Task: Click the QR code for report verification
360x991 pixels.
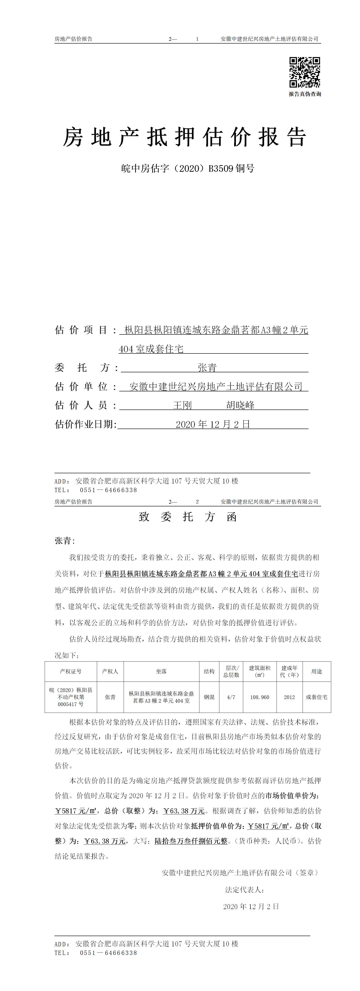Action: pyautogui.click(x=305, y=72)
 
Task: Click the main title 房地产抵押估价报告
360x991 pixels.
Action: pyautogui.click(x=185, y=137)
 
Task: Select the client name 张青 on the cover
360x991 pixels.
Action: pyautogui.click(x=207, y=368)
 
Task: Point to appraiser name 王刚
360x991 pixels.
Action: pyautogui.click(x=182, y=405)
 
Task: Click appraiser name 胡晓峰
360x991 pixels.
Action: pyautogui.click(x=240, y=405)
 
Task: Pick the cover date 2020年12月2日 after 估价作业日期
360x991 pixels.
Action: pyautogui.click(x=213, y=424)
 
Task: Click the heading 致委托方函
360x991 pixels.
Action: pyautogui.click(x=188, y=517)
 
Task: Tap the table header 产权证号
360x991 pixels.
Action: pyautogui.click(x=71, y=671)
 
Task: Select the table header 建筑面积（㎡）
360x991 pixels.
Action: pyautogui.click(x=260, y=671)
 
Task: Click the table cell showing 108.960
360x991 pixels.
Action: pyautogui.click(x=260, y=697)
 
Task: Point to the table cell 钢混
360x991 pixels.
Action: pyautogui.click(x=209, y=697)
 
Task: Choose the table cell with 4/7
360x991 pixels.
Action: pyautogui.click(x=231, y=697)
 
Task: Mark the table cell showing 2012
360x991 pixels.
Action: pyautogui.click(x=289, y=697)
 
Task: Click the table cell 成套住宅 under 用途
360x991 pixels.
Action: pyautogui.click(x=316, y=697)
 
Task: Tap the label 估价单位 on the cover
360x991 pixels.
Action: pyautogui.click(x=81, y=387)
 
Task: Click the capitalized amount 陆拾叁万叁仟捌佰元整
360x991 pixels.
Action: pyautogui.click(x=191, y=841)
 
